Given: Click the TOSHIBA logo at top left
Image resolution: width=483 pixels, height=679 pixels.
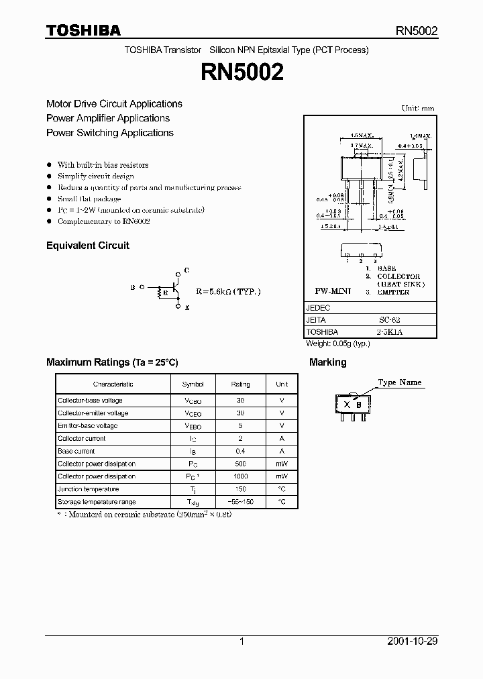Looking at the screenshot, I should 83,30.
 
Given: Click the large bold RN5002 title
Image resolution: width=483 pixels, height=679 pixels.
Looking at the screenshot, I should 241,72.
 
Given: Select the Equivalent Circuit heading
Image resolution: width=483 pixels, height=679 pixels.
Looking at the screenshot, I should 87,246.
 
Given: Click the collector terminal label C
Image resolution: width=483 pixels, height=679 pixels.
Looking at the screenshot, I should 186,270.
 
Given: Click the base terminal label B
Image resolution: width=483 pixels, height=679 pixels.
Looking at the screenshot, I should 133,287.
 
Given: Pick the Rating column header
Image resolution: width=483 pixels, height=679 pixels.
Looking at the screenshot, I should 240,384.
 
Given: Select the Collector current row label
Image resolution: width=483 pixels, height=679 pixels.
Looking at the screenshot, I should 81,439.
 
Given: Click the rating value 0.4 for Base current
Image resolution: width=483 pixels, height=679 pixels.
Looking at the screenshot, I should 240,452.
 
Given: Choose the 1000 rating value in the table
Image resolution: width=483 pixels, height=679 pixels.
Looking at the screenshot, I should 240,476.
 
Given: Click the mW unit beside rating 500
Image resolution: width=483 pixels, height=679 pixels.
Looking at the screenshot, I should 282,464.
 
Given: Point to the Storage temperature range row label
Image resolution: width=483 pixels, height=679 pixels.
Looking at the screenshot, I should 97,502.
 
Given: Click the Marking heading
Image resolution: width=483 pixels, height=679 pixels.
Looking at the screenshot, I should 327,362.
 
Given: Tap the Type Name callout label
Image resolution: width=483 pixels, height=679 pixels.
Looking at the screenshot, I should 400,382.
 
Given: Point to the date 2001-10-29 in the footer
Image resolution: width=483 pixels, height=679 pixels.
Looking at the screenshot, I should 413,641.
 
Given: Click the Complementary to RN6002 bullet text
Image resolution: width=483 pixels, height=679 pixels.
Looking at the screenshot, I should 103,221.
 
